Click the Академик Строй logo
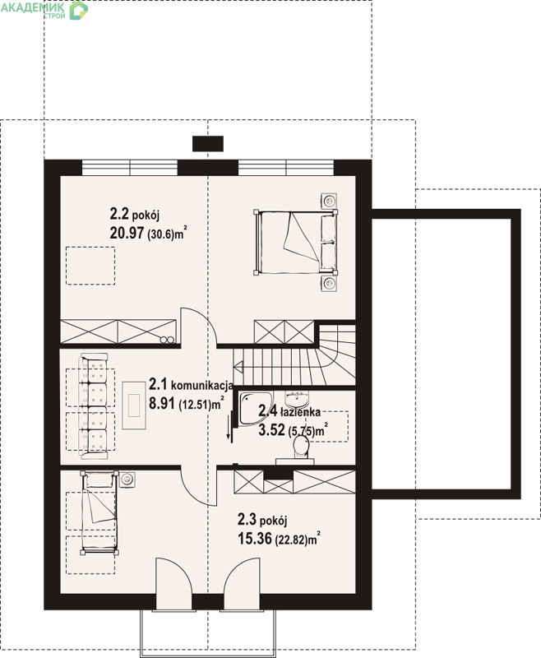44,11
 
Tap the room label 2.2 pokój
135,215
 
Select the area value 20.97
127,234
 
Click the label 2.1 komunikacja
192,384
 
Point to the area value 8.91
161,403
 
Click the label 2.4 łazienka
289,412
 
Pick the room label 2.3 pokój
262,520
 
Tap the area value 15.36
255,539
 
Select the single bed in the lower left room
99,512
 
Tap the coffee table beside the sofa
134,405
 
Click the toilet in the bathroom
301,447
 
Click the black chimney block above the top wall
207,143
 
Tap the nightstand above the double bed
328,200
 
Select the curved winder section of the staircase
338,354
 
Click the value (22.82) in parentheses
290,540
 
